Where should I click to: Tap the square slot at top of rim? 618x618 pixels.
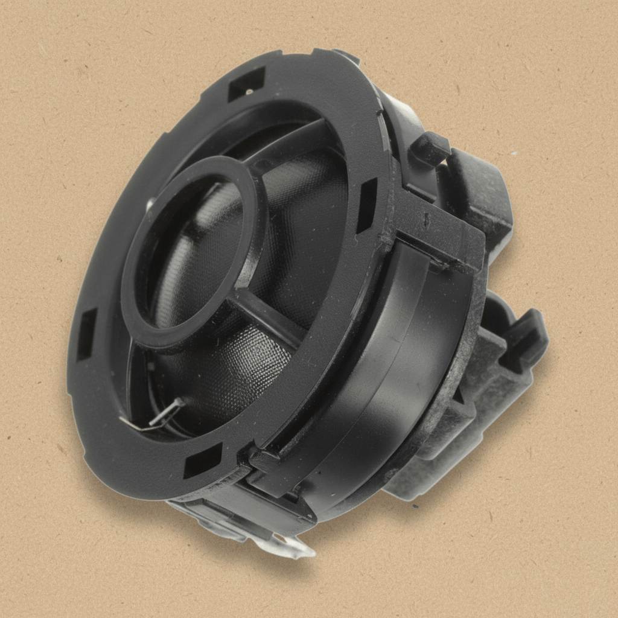tap(246, 84)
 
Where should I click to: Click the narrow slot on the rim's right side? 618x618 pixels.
tap(366, 205)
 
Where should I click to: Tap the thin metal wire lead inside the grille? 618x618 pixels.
tap(158, 416)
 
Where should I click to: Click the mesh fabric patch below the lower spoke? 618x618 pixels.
tap(241, 374)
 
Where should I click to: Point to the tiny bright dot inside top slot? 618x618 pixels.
tap(249, 92)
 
